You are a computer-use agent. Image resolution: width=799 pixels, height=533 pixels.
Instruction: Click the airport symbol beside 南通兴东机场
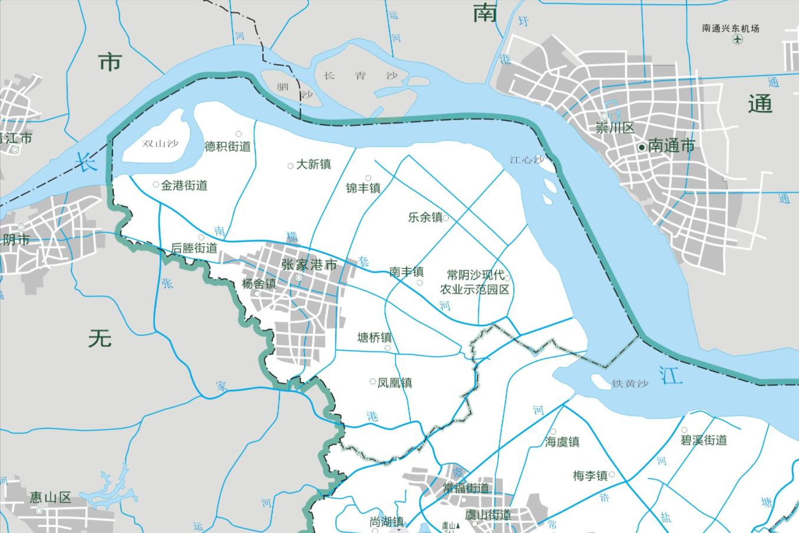pos(737,40)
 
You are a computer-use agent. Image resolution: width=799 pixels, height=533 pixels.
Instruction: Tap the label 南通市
pos(671,146)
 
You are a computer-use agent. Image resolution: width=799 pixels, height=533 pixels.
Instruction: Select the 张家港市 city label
pos(309,265)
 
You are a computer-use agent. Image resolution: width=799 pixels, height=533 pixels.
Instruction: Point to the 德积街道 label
pos(227,146)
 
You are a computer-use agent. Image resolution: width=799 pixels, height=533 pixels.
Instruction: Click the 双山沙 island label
pos(160,143)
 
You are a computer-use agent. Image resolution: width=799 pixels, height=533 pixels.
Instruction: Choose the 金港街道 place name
pos(184,185)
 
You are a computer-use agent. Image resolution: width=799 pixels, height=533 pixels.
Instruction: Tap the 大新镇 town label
pos(313,164)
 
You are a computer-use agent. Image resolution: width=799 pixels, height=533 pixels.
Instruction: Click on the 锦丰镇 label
pos(363,188)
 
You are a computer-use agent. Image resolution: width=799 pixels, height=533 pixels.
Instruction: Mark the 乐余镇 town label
pos(425,217)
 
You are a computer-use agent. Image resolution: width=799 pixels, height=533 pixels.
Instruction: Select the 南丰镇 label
pos(406,272)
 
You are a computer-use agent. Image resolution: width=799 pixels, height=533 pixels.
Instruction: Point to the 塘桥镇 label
pos(375,338)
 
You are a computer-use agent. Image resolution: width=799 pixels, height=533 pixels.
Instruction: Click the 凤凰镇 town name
pos(394,383)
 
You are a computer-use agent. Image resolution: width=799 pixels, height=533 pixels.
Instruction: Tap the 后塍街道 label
pos(194,248)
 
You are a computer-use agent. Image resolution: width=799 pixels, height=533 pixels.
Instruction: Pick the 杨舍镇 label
pos(259,284)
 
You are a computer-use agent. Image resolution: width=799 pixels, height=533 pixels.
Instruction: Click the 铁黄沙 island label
pos(630,384)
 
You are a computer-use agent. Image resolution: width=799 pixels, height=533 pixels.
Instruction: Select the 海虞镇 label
pos(562,442)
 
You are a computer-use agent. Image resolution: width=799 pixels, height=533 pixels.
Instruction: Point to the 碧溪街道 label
pos(704,440)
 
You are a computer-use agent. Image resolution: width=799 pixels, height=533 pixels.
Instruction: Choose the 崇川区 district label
pos(615,129)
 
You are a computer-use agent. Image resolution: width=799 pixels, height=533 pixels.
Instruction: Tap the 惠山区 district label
pos(50,498)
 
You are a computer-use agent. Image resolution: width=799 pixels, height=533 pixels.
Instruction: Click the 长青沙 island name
pos(361,75)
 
